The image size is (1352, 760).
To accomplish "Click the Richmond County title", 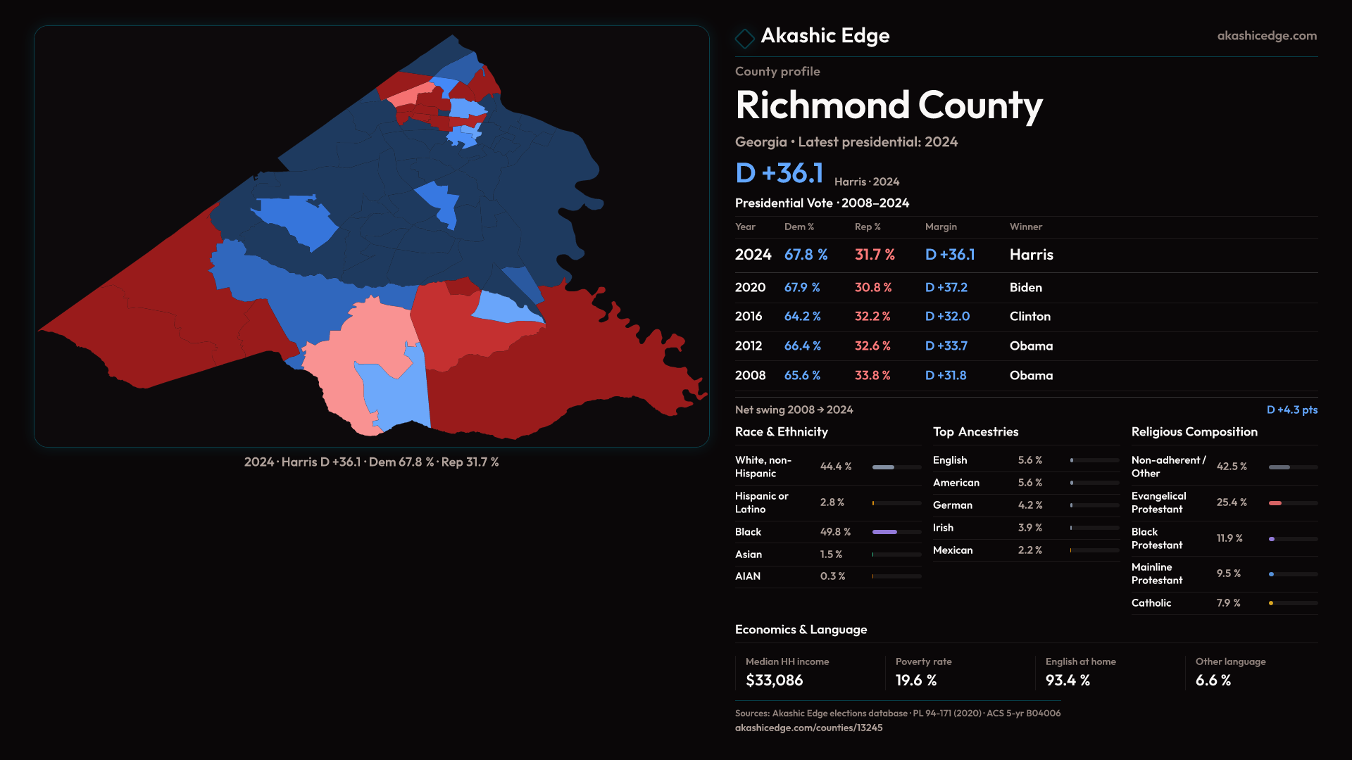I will click(x=889, y=106).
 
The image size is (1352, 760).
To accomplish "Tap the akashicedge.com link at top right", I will click(x=1267, y=36).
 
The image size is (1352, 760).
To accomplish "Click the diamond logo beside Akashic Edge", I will click(x=744, y=38).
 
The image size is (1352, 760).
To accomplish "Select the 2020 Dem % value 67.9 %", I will click(x=802, y=288).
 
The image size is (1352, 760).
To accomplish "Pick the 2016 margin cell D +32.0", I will click(x=947, y=317).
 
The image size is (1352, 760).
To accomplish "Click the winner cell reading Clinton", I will click(x=1029, y=317).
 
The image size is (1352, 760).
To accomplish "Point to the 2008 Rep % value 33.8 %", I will click(x=872, y=376).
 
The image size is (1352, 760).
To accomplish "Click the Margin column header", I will click(x=941, y=227).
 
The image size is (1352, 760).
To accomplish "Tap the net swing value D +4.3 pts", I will click(x=1291, y=410).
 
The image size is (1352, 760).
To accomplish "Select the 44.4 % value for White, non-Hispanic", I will click(x=836, y=467).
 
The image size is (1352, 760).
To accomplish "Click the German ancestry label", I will click(x=952, y=505).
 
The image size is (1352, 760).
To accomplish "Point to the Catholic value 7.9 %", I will click(x=1228, y=603).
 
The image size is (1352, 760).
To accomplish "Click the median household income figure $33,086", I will click(x=774, y=680).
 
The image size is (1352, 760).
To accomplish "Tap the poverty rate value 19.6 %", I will click(x=916, y=680).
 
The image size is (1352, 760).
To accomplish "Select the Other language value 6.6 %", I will click(x=1213, y=680).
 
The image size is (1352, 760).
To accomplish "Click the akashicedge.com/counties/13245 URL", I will click(x=808, y=728).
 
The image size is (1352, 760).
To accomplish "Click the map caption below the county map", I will click(x=371, y=462).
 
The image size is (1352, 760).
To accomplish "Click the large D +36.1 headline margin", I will click(x=779, y=173).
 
